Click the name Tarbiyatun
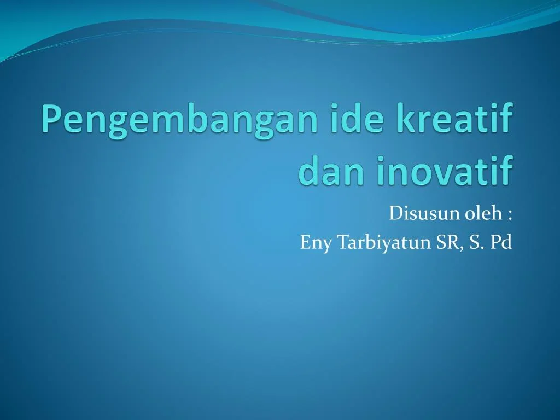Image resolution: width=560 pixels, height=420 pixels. click(x=383, y=243)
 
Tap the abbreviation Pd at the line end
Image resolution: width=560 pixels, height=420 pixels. click(x=501, y=242)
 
